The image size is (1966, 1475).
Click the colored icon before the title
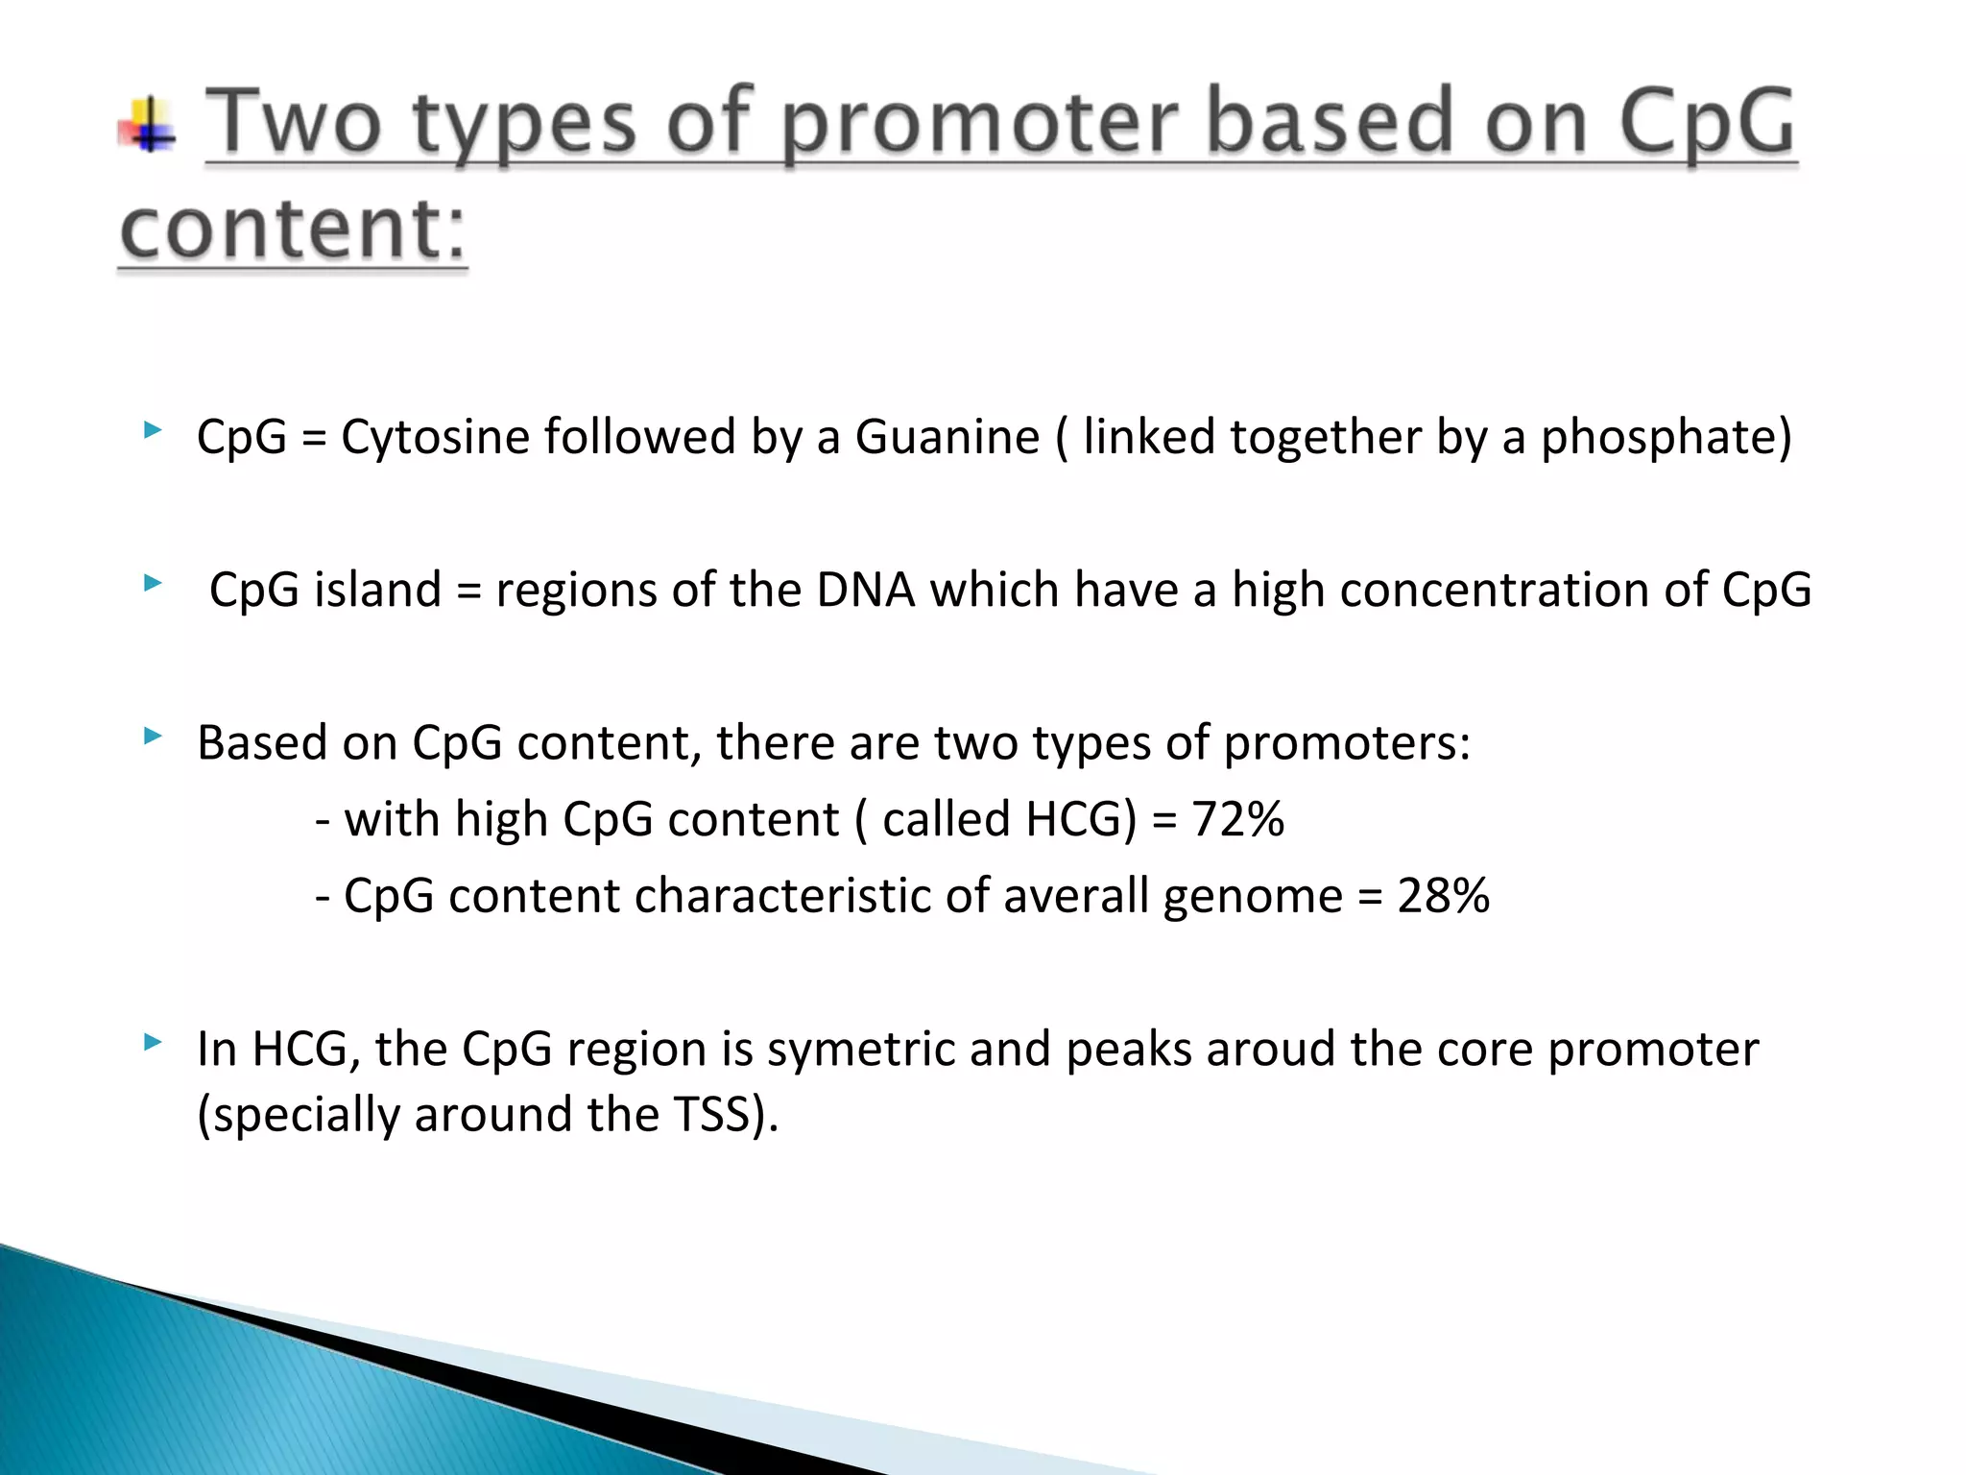(147, 126)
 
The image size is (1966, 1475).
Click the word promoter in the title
(978, 125)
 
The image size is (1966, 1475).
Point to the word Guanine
(947, 437)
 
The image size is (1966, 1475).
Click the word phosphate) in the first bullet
(1666, 437)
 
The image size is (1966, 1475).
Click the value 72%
(1237, 819)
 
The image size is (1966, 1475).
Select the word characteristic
(782, 896)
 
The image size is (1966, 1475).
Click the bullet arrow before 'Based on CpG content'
(152, 737)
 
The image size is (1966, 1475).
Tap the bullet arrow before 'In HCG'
(152, 1042)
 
